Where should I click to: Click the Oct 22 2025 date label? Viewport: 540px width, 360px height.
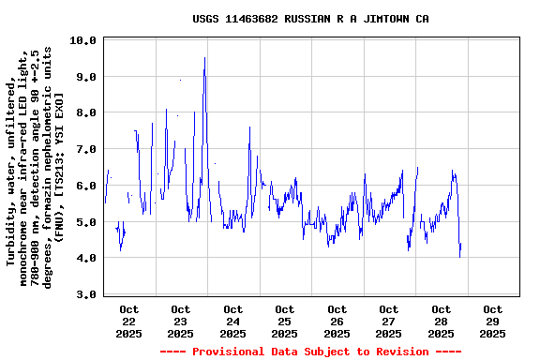click(129, 321)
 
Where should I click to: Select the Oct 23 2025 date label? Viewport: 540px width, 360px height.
click(181, 321)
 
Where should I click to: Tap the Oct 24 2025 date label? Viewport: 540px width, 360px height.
click(232, 321)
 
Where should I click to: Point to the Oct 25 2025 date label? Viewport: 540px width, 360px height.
click(284, 321)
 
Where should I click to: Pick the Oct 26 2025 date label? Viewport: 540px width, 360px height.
click(337, 321)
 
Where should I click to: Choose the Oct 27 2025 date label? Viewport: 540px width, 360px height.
click(388, 321)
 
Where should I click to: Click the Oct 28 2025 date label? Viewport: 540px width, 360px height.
click(440, 321)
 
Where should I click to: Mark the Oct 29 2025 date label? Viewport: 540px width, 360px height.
click(491, 321)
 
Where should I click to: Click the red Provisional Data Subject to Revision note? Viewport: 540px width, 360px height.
click(310, 352)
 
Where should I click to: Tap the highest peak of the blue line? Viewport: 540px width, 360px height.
click(204, 58)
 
